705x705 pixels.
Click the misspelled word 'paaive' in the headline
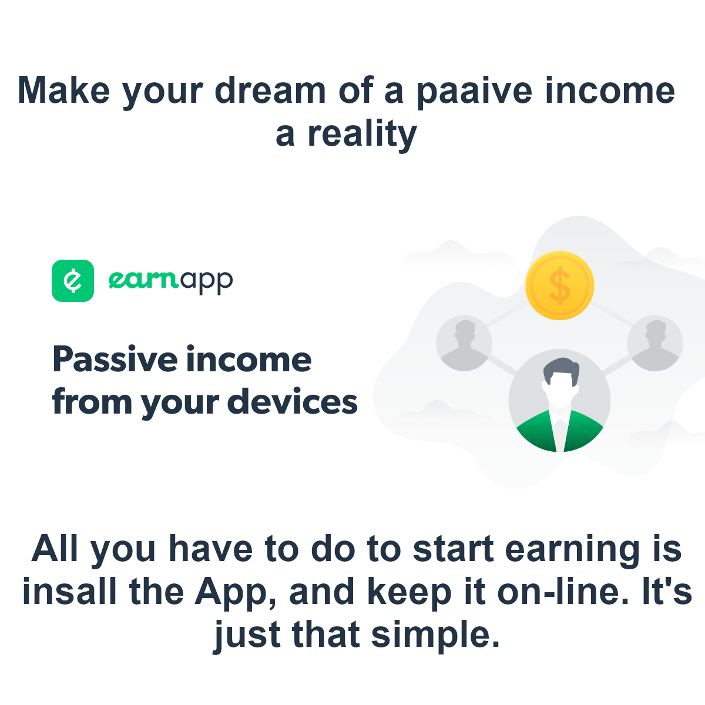pyautogui.click(x=475, y=92)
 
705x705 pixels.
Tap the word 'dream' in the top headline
pyautogui.click(x=270, y=90)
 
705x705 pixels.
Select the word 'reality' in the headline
pyautogui.click(x=362, y=135)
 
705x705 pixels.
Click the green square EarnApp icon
pyautogui.click(x=73, y=281)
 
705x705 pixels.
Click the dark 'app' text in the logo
pyautogui.click(x=206, y=283)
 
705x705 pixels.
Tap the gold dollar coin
pyautogui.click(x=559, y=286)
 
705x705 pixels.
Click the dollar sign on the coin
pyautogui.click(x=559, y=286)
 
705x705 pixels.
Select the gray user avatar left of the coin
pyautogui.click(x=464, y=343)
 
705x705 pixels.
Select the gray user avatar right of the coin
pyautogui.click(x=655, y=343)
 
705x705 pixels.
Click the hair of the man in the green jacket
pyautogui.click(x=560, y=367)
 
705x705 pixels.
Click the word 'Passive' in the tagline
pyautogui.click(x=115, y=360)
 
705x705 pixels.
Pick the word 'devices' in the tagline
pyautogui.click(x=293, y=401)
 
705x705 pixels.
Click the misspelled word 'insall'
pyautogui.click(x=69, y=592)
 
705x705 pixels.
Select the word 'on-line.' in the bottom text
pyautogui.click(x=563, y=591)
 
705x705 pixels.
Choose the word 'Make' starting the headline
pyautogui.click(x=63, y=90)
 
